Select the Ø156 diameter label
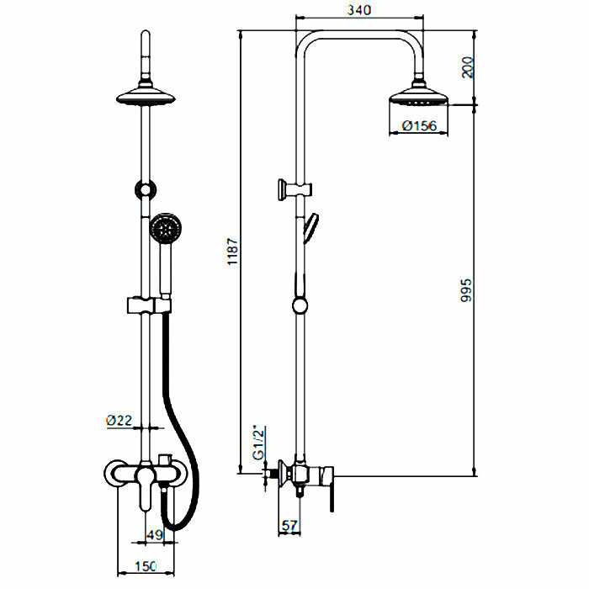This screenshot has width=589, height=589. pyautogui.click(x=417, y=125)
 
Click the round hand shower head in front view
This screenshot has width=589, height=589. pyautogui.click(x=165, y=227)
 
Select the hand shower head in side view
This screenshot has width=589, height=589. pyautogui.click(x=310, y=226)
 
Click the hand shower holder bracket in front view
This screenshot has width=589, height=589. pyautogui.click(x=149, y=305)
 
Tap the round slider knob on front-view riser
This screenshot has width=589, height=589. pyautogui.click(x=146, y=190)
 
